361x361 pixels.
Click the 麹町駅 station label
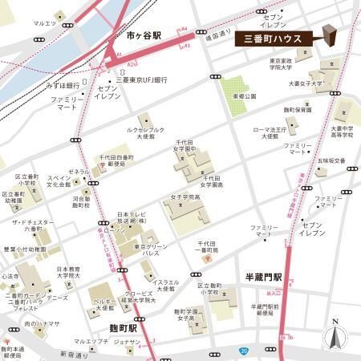125,328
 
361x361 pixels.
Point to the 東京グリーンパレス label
150,249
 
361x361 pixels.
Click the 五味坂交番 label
330,160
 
